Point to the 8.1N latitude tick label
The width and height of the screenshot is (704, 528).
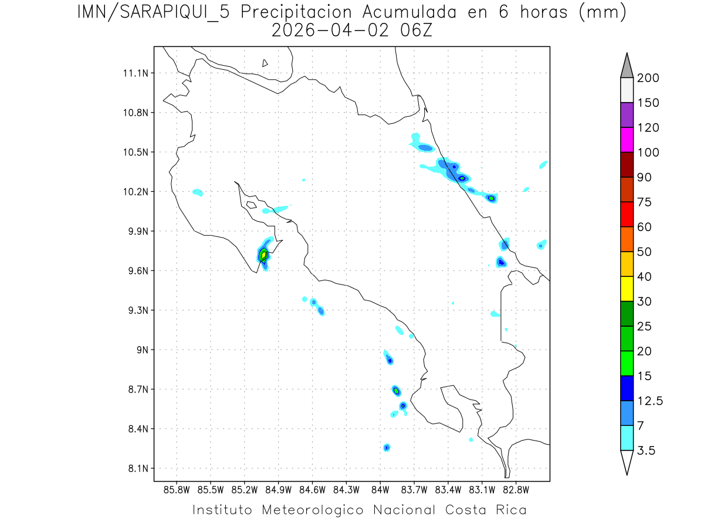click(x=137, y=468)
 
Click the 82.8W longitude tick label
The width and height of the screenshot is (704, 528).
click(x=516, y=489)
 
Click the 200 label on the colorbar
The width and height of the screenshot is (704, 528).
click(x=648, y=78)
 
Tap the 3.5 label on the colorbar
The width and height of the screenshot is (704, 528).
click(x=647, y=451)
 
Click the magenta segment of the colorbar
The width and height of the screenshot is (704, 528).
click(x=627, y=140)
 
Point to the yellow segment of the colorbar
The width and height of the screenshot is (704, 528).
click(x=627, y=289)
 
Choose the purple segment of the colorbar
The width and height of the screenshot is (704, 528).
click(x=627, y=115)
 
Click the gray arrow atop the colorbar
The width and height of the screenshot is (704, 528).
click(x=627, y=66)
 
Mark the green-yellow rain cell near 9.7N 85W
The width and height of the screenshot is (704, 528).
click(x=263, y=255)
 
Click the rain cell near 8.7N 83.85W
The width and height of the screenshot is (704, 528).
click(x=397, y=390)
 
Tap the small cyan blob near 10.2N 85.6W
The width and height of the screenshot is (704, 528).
click(x=198, y=192)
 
